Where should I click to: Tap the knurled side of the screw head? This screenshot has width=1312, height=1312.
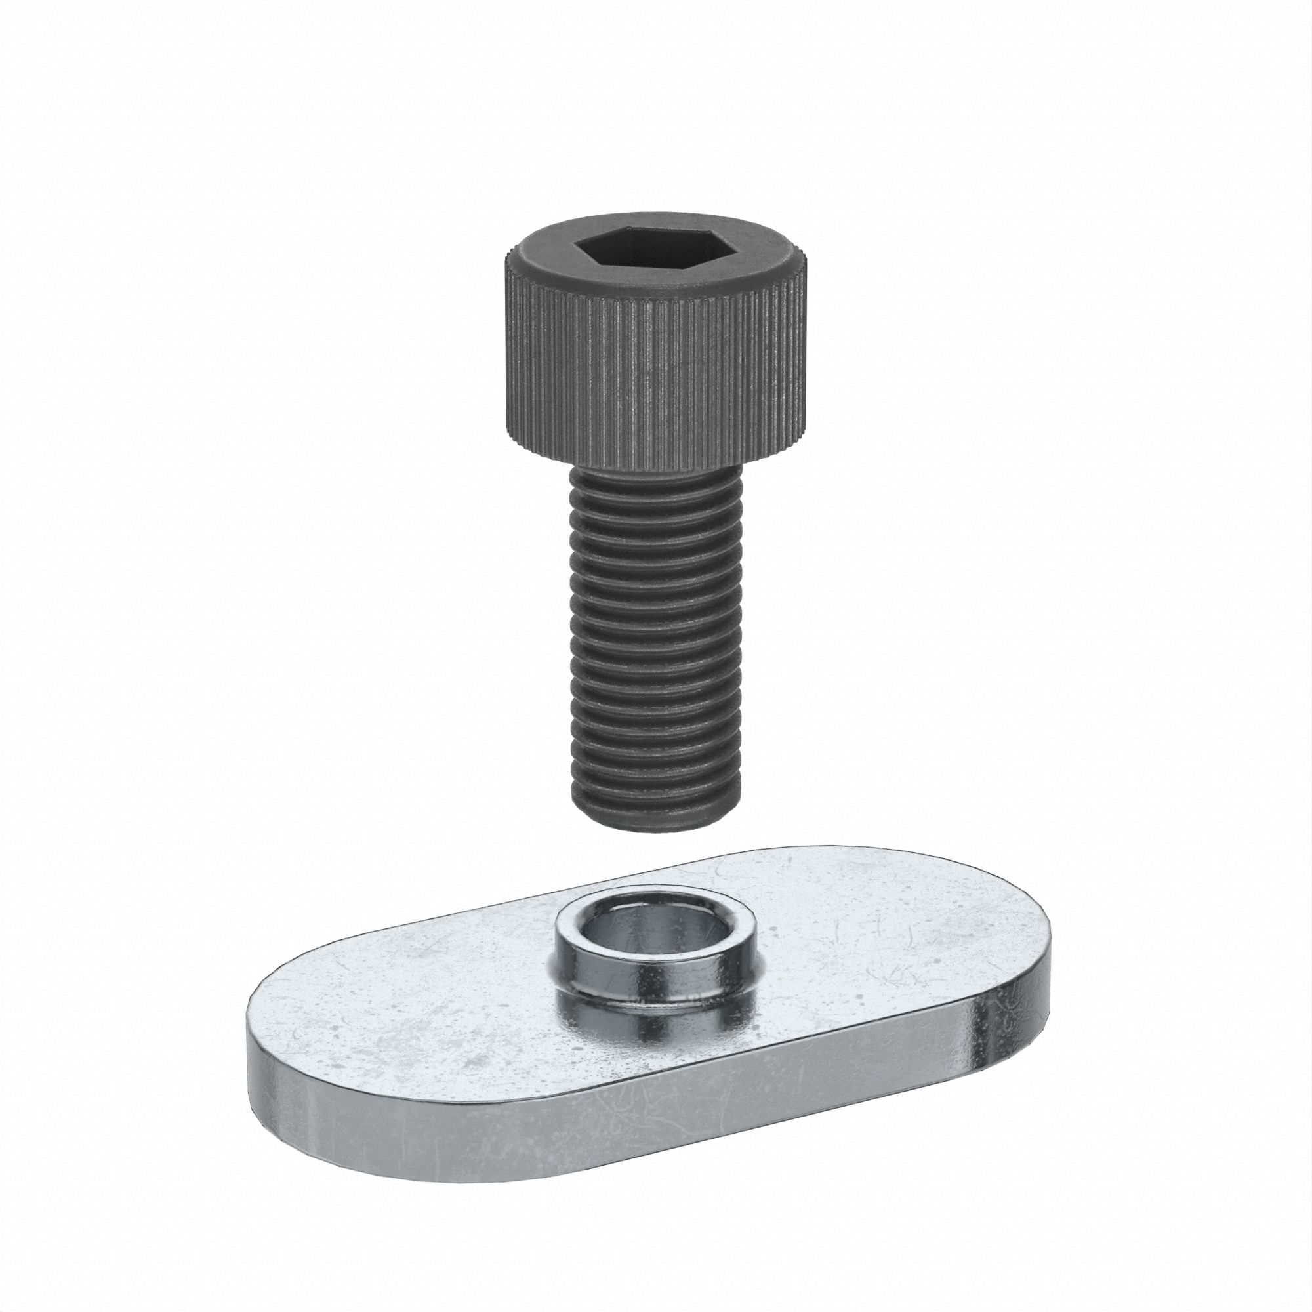[653, 367]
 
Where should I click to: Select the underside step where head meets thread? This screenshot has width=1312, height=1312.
[653, 467]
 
